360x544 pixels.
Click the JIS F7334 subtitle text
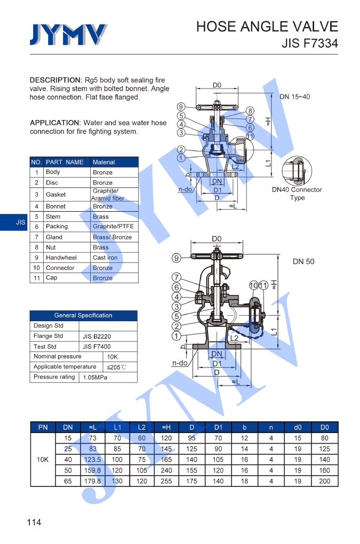point(309,44)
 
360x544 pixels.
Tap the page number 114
point(34,522)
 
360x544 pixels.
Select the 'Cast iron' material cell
point(105,258)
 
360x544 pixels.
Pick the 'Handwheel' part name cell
point(61,258)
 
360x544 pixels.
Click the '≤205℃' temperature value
point(116,367)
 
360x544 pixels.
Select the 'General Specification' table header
point(83,315)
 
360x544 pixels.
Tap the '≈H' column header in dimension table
point(166,427)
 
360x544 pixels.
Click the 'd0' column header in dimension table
point(298,427)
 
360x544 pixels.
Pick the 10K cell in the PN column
point(43,459)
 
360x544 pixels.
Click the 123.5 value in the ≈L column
point(92,459)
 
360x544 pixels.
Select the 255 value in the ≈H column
point(166,481)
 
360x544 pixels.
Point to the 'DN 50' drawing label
point(303,262)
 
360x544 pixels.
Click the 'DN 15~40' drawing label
point(294,97)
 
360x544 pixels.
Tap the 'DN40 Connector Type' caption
point(297,194)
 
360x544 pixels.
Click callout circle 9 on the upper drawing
point(181,107)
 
